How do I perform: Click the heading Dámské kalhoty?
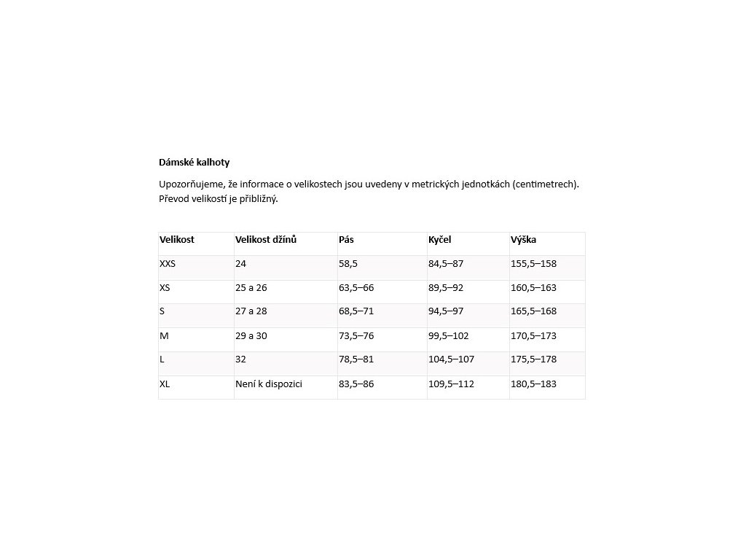click(x=194, y=163)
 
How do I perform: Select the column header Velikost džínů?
click(x=266, y=239)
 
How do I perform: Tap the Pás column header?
click(x=347, y=239)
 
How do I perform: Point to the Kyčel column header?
click(x=440, y=239)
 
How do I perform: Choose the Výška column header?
click(x=524, y=239)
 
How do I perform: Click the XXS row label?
click(x=168, y=264)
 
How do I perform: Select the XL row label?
click(x=165, y=384)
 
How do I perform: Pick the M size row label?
click(x=164, y=336)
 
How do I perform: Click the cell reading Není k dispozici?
click(x=269, y=384)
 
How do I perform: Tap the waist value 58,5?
click(x=349, y=264)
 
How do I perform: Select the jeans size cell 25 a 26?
click(x=251, y=288)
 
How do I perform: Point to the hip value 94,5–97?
click(x=446, y=311)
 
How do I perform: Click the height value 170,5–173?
click(x=534, y=336)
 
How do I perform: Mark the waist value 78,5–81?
click(x=356, y=359)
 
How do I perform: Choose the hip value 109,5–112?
click(x=451, y=384)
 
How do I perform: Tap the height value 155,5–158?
click(x=534, y=264)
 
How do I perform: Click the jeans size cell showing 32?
click(x=241, y=359)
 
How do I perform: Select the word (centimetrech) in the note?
click(x=546, y=184)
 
